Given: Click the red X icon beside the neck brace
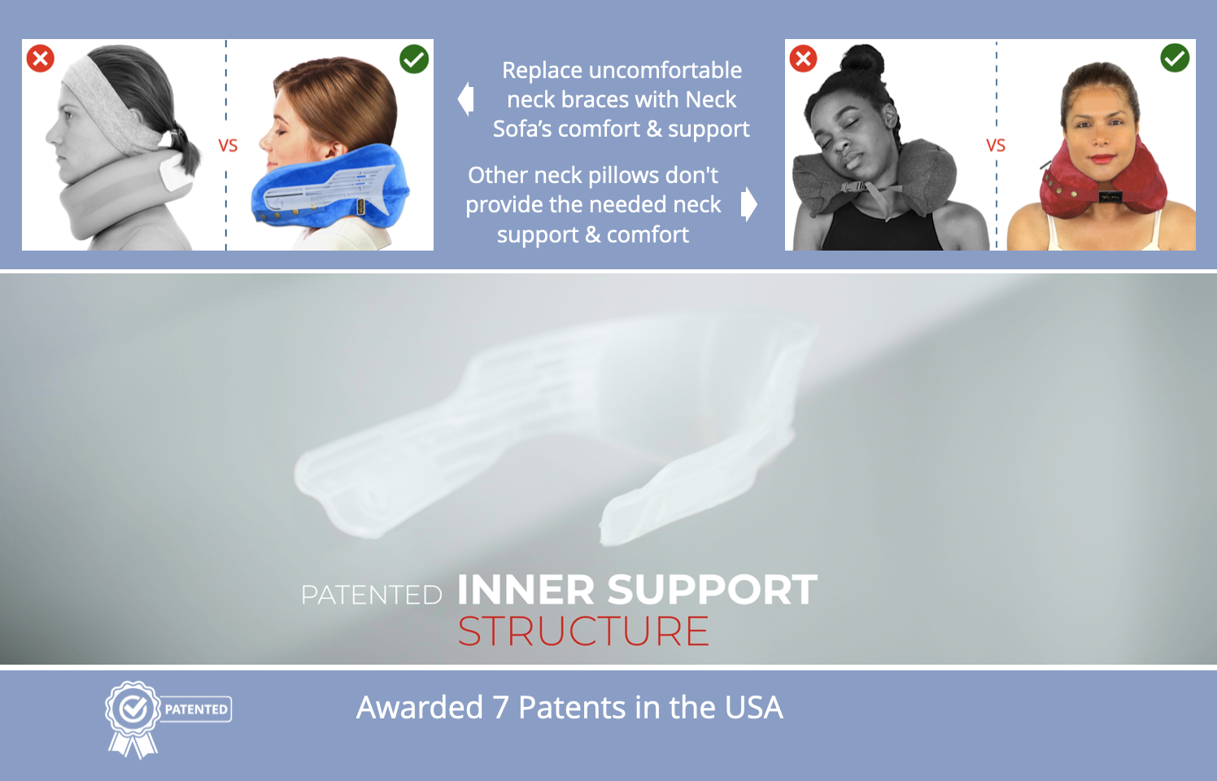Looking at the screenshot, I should click(x=40, y=59).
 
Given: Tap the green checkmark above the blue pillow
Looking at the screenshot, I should click(x=414, y=59).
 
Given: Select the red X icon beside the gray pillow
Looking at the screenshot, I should click(x=803, y=59).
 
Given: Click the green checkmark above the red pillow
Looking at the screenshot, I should click(x=1175, y=58).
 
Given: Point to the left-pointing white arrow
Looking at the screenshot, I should click(x=465, y=99).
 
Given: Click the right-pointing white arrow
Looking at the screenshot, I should click(x=749, y=204).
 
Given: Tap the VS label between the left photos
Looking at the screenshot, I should click(x=228, y=146).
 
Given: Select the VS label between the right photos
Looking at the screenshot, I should click(x=996, y=146).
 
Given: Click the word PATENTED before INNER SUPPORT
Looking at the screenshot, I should click(x=371, y=595).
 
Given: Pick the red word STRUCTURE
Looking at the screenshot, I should click(x=583, y=631).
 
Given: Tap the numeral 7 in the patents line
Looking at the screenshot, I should click(x=501, y=708).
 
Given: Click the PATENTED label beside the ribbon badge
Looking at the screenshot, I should click(x=196, y=709).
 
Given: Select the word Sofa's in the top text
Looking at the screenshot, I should click(x=522, y=129).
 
